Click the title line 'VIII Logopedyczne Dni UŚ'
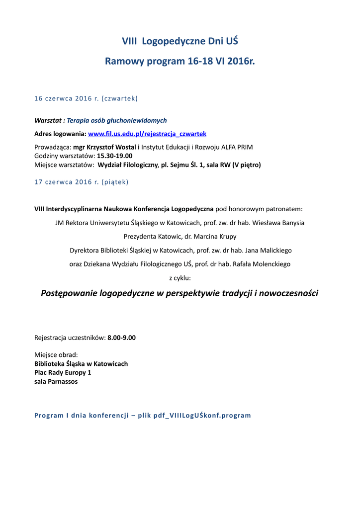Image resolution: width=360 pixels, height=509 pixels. (180, 41)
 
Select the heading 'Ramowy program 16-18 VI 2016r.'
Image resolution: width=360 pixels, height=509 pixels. (180, 62)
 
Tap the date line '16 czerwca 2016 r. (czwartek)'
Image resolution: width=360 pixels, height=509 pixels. (86, 98)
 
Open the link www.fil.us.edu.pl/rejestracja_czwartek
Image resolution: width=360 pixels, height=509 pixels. (147, 134)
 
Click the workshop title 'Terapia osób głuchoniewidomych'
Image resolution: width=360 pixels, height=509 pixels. (117, 120)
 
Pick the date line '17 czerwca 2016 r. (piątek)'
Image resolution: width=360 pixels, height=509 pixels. (81, 182)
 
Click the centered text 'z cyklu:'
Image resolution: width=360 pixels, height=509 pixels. (180, 278)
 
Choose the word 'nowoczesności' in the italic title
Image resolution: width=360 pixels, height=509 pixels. (290, 293)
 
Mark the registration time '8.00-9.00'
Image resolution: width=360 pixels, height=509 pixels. (121, 338)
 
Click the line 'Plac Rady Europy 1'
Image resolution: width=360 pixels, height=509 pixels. (63, 372)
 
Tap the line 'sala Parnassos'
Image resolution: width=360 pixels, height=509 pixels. (56, 382)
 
